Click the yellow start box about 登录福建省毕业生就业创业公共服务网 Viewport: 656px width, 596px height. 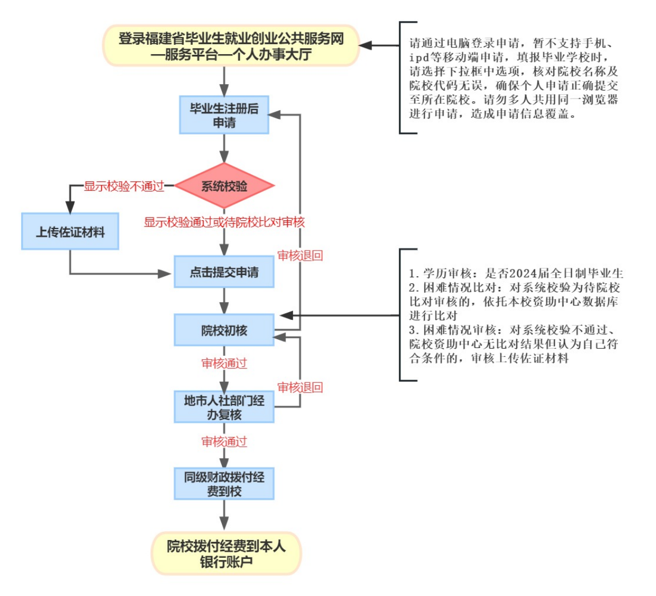(x=231, y=46)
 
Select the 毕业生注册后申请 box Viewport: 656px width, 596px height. (x=224, y=115)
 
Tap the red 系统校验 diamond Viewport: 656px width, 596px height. (x=224, y=186)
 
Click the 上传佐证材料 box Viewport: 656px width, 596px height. (x=70, y=232)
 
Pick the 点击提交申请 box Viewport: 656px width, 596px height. (x=224, y=272)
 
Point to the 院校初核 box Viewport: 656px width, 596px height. (x=224, y=330)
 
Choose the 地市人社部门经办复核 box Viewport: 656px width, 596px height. (x=224, y=407)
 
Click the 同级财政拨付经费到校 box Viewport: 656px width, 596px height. (x=224, y=484)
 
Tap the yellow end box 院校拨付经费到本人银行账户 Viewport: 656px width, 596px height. (x=226, y=553)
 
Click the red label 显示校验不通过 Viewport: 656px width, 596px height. (x=124, y=186)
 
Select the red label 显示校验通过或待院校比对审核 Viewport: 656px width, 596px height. (x=224, y=222)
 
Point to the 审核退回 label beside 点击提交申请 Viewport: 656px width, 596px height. (x=300, y=256)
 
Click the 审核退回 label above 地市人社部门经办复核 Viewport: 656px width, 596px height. (x=300, y=387)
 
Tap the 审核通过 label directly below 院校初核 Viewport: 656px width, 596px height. (x=224, y=364)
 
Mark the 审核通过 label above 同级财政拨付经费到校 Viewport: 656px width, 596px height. (x=224, y=442)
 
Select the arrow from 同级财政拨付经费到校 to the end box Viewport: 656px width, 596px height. (x=224, y=515)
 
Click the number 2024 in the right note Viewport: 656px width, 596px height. (x=521, y=273)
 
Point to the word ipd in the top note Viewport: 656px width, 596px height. (x=421, y=58)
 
